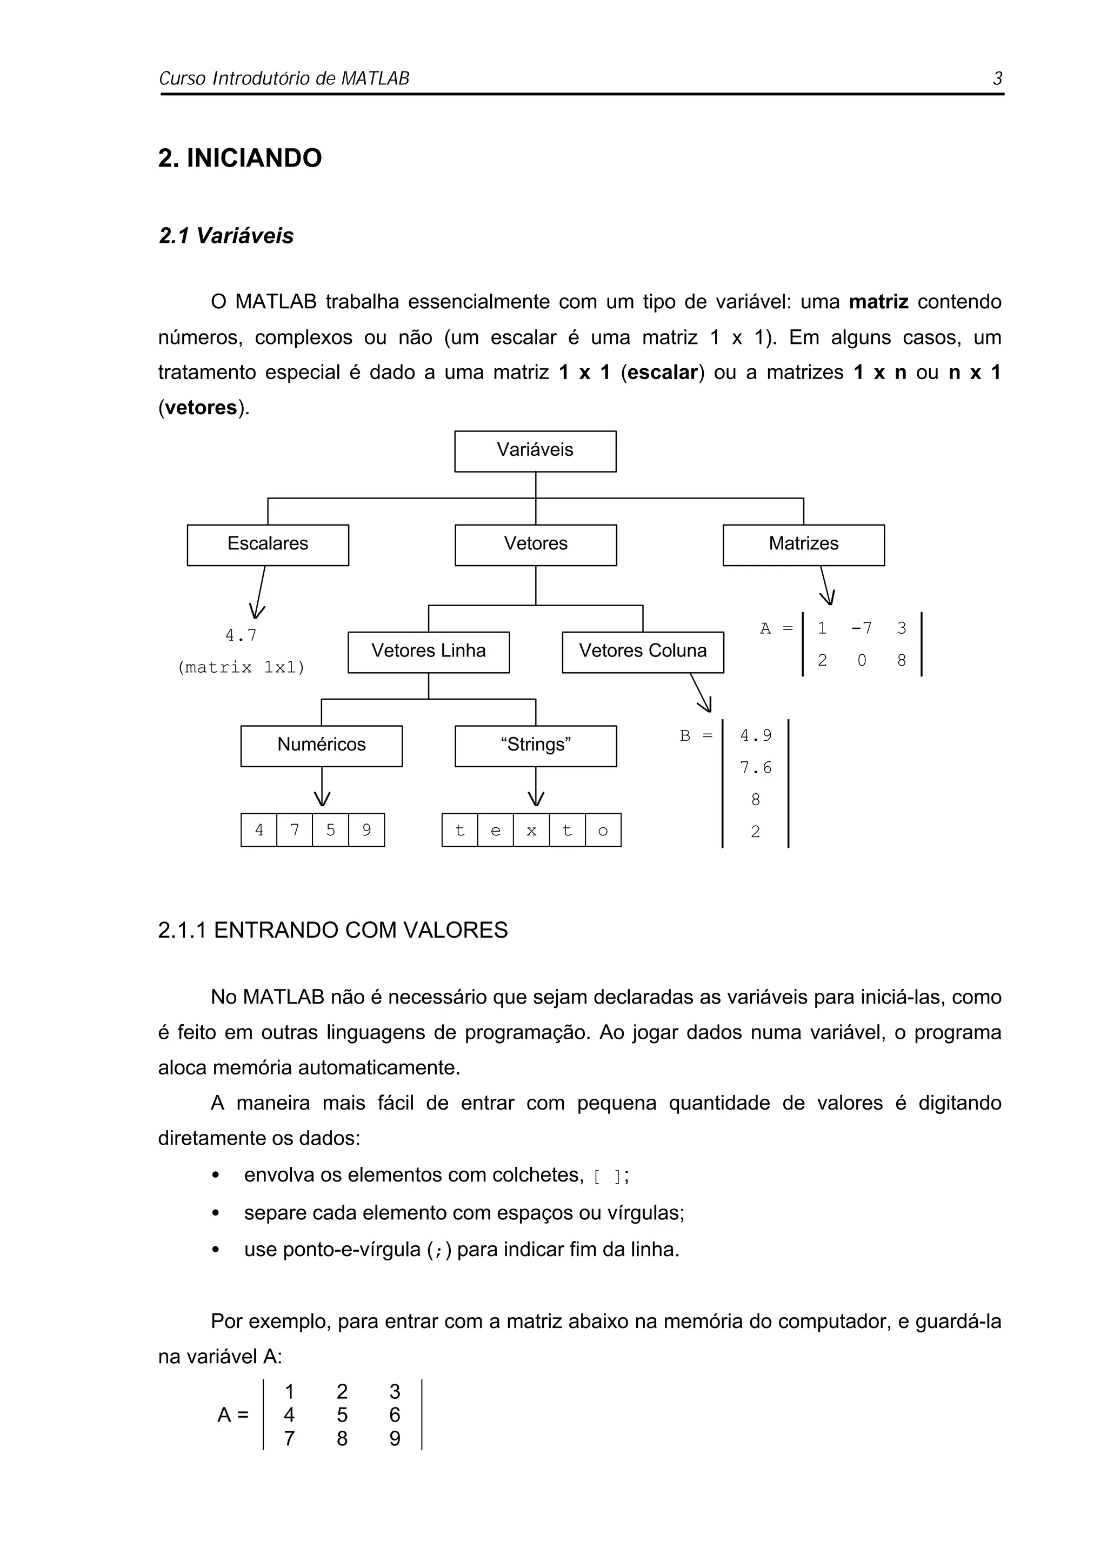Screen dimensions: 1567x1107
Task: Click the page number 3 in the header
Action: point(997,78)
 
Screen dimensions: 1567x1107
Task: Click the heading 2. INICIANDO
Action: point(239,158)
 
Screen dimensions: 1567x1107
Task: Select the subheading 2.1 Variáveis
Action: point(226,236)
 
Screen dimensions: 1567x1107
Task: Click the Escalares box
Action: point(268,544)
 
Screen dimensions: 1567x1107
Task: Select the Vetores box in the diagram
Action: point(536,544)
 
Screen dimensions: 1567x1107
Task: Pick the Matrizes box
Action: point(803,544)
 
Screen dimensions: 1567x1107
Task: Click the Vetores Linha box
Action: point(428,651)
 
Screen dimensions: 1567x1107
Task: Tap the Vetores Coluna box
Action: point(643,651)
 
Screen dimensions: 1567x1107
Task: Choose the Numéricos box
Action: point(321,745)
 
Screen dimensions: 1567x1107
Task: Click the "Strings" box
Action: point(536,745)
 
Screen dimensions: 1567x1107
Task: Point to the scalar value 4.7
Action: point(242,635)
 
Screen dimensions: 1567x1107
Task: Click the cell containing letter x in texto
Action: point(531,830)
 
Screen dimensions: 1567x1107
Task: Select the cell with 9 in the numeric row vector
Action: point(366,830)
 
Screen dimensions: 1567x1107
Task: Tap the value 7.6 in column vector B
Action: point(755,768)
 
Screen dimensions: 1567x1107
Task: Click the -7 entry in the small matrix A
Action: point(861,628)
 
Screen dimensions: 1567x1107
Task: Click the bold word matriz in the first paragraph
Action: point(878,302)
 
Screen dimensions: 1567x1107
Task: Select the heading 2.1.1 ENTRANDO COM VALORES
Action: point(333,930)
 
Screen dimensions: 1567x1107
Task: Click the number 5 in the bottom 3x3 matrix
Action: point(342,1415)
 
